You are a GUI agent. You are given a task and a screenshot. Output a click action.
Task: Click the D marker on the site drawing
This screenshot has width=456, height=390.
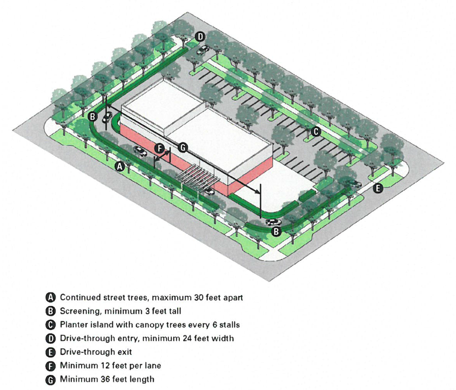pyautogui.click(x=200, y=37)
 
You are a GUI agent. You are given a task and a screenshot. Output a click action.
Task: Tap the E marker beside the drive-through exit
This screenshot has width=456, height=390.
pyautogui.click(x=378, y=188)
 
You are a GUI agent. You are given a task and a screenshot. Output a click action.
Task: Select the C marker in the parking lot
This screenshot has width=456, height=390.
pyautogui.click(x=316, y=132)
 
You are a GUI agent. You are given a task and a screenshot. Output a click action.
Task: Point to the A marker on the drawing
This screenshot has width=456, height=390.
pyautogui.click(x=120, y=166)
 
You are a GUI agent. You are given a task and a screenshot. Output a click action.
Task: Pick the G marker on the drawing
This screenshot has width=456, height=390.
pyautogui.click(x=183, y=147)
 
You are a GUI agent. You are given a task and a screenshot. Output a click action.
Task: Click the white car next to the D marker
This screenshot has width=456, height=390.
pyautogui.click(x=203, y=49)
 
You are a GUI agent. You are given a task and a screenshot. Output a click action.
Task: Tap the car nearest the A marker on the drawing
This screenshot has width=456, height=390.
pyautogui.click(x=140, y=151)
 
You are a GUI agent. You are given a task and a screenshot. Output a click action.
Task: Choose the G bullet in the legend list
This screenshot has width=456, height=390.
pyautogui.click(x=51, y=380)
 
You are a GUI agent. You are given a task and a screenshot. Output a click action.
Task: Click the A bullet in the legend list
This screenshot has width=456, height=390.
pyautogui.click(x=51, y=298)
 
